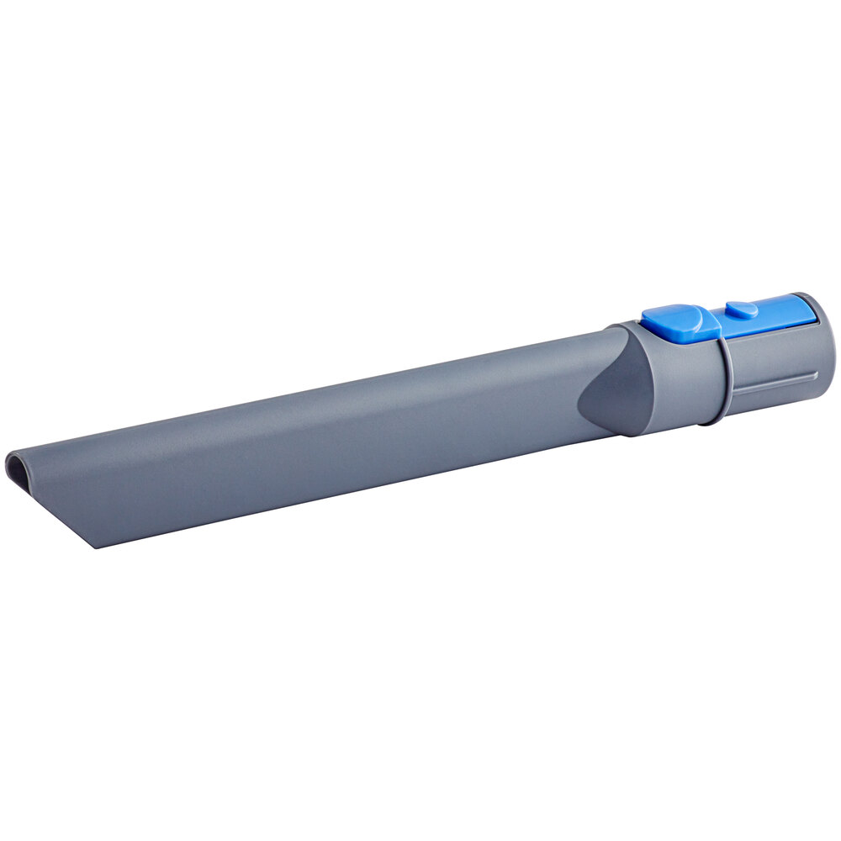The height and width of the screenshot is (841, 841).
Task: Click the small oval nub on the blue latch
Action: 741,309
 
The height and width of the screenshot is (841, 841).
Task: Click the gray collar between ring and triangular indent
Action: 673,378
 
